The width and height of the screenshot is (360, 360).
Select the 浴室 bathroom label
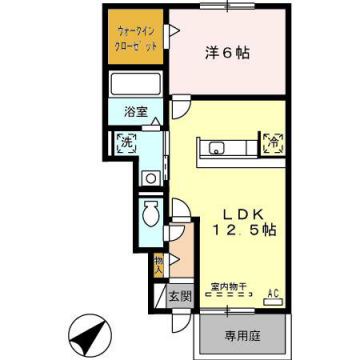(135, 112)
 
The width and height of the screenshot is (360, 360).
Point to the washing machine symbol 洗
(127, 143)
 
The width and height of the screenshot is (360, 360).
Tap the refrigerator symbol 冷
(271, 142)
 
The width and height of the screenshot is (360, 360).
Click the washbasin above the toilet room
(148, 178)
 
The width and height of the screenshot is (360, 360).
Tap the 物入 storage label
(157, 263)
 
